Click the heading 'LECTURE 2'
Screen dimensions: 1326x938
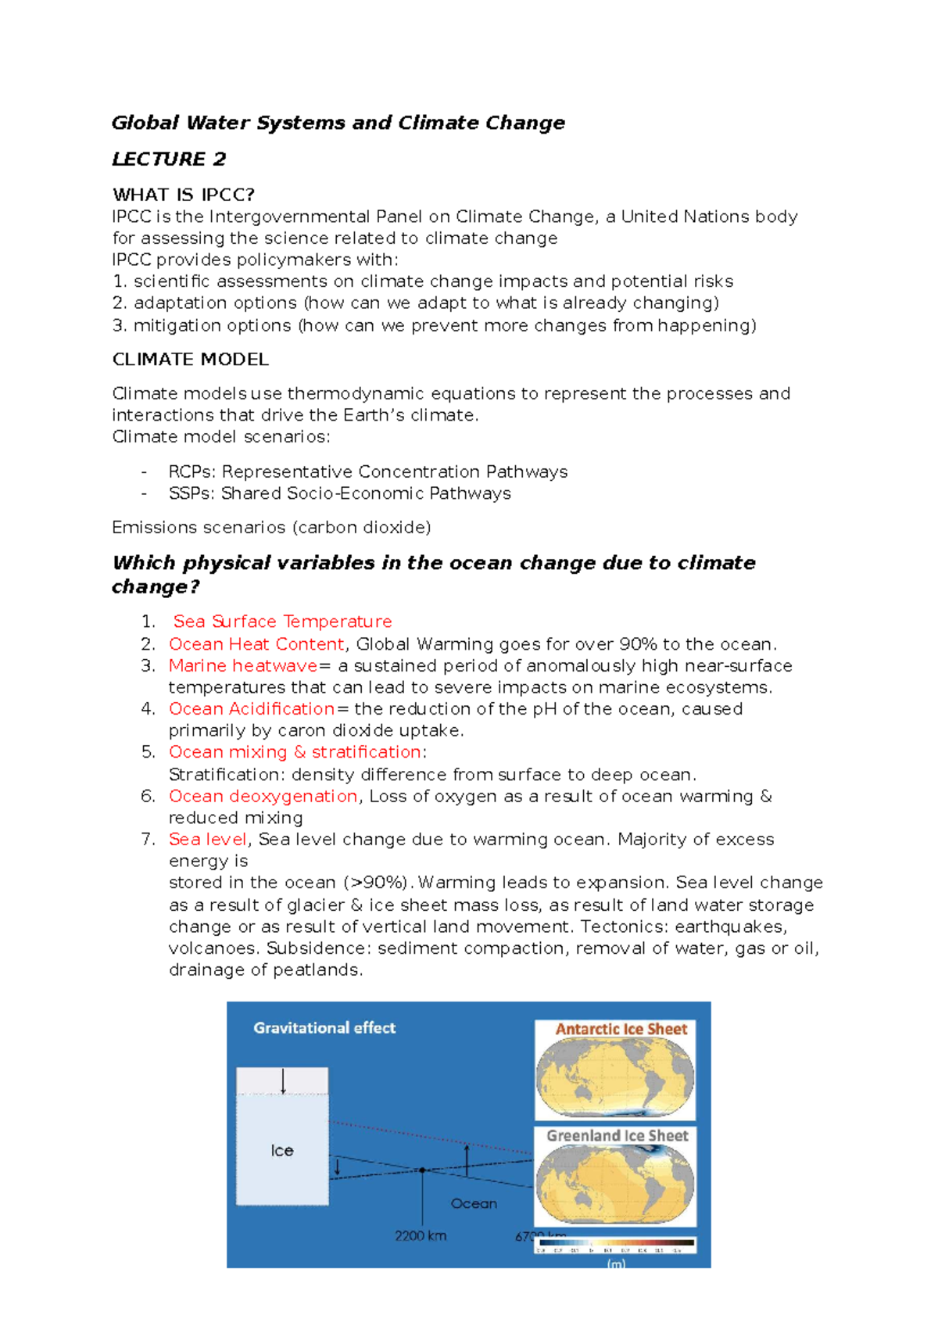click(169, 159)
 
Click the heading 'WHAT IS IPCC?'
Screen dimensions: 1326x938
click(184, 195)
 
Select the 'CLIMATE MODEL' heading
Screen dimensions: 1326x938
click(190, 360)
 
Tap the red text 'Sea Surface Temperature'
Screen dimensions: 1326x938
click(282, 622)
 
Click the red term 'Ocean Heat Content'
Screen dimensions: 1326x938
click(256, 644)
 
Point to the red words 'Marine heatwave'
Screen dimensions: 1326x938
click(243, 666)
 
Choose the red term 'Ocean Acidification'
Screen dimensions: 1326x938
click(252, 709)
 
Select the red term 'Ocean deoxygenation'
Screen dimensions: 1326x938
click(263, 797)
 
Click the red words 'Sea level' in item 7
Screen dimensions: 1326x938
click(207, 840)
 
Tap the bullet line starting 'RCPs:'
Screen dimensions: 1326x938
click(367, 472)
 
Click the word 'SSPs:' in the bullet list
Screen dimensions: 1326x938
click(192, 494)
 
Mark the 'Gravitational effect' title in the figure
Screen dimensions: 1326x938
click(324, 1028)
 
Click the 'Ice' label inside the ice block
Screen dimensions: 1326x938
click(281, 1151)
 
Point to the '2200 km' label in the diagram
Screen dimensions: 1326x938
click(421, 1236)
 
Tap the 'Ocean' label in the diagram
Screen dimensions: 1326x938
click(474, 1204)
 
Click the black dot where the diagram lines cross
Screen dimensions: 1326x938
click(423, 1170)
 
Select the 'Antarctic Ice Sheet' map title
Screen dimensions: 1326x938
click(621, 1030)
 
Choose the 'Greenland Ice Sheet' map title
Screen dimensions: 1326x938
click(617, 1136)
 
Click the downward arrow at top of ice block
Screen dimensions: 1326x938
click(283, 1081)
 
